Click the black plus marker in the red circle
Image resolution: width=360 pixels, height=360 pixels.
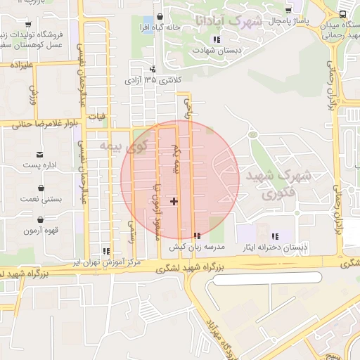tap(174, 202)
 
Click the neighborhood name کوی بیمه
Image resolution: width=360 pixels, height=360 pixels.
tap(124, 146)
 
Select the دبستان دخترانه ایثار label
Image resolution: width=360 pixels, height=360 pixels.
tap(275, 247)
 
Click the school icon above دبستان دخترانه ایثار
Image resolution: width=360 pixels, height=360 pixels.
tap(275, 236)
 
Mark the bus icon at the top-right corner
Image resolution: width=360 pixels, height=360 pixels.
tap(342, 13)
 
